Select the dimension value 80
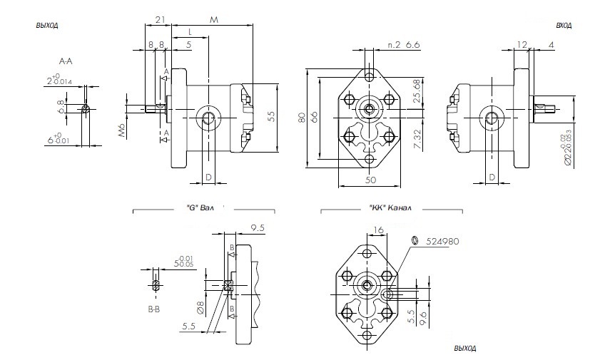(x=303, y=117)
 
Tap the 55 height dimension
(x=271, y=117)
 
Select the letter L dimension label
(x=190, y=32)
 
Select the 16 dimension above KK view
(x=378, y=230)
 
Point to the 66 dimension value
(x=314, y=117)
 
